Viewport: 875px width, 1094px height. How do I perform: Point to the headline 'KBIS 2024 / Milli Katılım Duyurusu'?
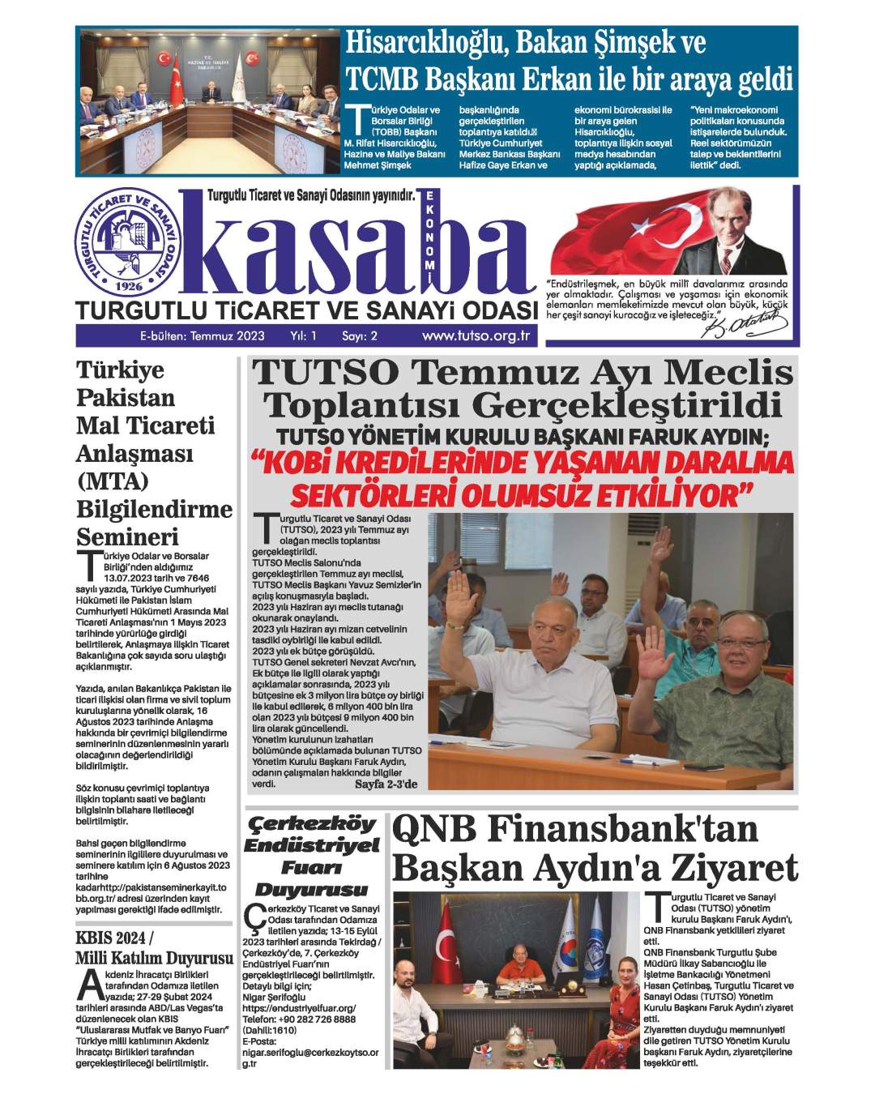(x=153, y=949)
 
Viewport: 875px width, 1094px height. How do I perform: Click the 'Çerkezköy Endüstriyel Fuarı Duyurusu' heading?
(x=313, y=857)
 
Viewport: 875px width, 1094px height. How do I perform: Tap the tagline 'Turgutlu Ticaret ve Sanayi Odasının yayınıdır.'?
(x=311, y=195)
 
